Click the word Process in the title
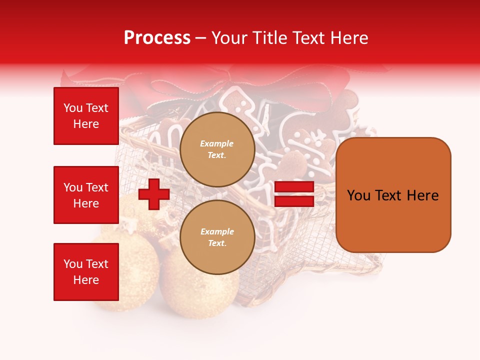click(x=157, y=38)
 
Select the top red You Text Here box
click(x=86, y=116)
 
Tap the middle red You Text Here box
click(x=86, y=195)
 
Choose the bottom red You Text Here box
click(x=86, y=272)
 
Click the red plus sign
click(x=154, y=194)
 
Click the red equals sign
click(x=294, y=194)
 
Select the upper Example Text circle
click(x=217, y=149)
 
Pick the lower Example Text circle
click(x=217, y=237)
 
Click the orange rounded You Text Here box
click(x=393, y=195)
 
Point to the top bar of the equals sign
click(x=294, y=187)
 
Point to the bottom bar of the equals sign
click(x=294, y=201)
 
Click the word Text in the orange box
click(x=391, y=195)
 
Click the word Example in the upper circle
click(x=217, y=144)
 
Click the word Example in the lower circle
click(x=217, y=232)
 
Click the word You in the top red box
click(x=73, y=108)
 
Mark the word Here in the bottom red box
click(x=86, y=280)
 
